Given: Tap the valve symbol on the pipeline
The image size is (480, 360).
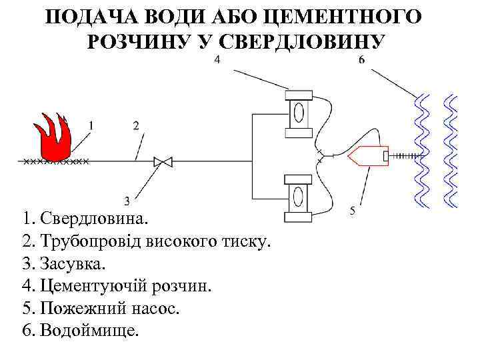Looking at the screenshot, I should (163, 161).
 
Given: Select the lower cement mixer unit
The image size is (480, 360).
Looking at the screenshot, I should (298, 197).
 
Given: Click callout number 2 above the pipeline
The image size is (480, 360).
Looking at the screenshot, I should (136, 125).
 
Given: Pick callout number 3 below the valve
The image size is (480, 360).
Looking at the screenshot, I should (127, 201).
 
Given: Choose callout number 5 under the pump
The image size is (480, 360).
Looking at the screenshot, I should (352, 211).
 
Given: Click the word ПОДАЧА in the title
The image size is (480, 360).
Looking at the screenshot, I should (89, 17).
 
